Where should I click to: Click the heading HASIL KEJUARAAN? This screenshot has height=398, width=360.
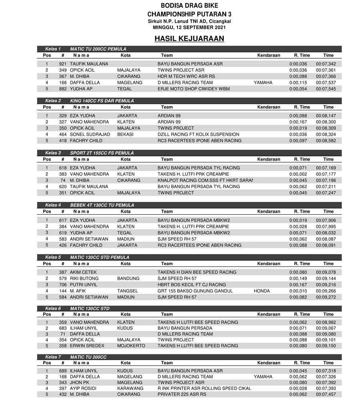click(189, 38)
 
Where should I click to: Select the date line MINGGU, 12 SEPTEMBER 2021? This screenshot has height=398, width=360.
click(189, 28)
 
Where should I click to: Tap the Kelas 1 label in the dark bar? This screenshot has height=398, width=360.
click(53, 49)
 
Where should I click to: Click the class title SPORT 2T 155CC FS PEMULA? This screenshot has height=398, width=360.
click(102, 153)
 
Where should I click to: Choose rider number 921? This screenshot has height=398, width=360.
click(62, 64)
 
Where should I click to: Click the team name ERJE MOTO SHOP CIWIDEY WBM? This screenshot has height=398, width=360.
click(194, 89)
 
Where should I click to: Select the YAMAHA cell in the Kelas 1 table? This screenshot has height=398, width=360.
click(263, 83)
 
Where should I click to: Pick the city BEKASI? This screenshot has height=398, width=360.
click(125, 135)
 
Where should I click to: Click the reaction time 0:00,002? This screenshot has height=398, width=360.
click(298, 174)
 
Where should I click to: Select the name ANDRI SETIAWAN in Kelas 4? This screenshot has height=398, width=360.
click(89, 239)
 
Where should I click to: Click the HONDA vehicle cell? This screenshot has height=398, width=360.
click(262, 291)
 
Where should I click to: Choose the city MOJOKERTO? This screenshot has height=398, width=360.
click(131, 346)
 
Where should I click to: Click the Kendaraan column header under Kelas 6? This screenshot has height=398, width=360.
click(268, 314)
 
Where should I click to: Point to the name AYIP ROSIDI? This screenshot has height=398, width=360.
click(84, 388)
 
